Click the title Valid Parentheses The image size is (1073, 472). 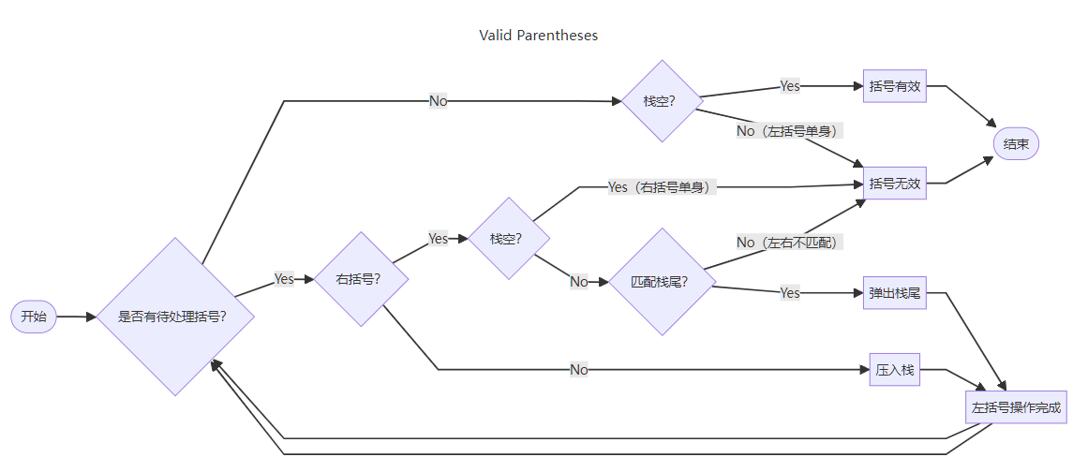[x=538, y=36]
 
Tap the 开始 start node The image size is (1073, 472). [x=33, y=317]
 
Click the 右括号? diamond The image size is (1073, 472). [x=360, y=279]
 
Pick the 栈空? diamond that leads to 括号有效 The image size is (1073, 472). [x=663, y=101]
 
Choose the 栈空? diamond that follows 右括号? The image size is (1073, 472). [x=508, y=238]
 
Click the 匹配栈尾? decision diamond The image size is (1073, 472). [x=661, y=281]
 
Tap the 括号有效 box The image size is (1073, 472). [x=894, y=86]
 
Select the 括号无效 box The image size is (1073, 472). [x=894, y=184]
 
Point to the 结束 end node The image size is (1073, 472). [x=1016, y=144]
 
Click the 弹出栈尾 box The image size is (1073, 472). [x=894, y=293]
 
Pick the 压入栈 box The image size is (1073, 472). [x=894, y=370]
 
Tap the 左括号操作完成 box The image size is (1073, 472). [x=1016, y=407]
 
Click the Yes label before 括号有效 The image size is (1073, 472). [x=790, y=86]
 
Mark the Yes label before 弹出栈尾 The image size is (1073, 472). [x=790, y=293]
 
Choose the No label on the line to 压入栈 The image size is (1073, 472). [x=579, y=370]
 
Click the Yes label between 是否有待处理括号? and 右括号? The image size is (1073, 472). [x=284, y=279]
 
